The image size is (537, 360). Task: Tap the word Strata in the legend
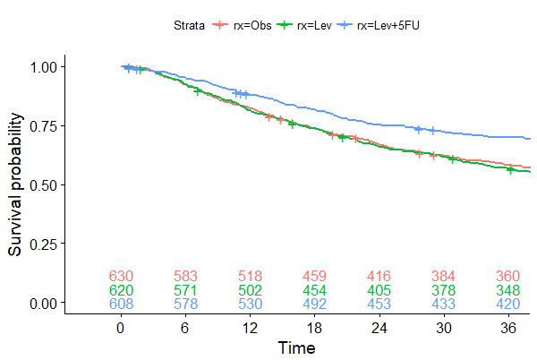click(190, 26)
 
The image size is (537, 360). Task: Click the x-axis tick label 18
click(315, 328)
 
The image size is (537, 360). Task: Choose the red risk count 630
click(120, 276)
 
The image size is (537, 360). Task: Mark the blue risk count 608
click(120, 304)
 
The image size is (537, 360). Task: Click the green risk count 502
click(251, 290)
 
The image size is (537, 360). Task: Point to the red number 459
click(315, 276)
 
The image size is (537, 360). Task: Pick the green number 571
click(185, 290)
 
